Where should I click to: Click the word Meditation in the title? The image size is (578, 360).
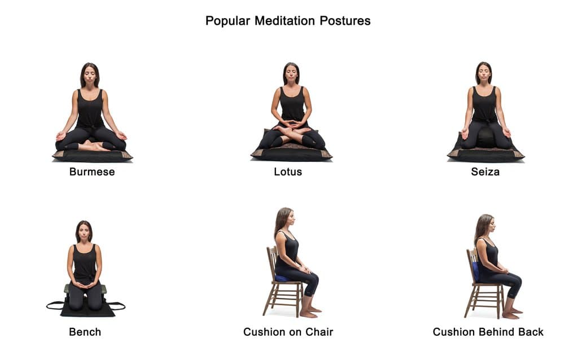pyautogui.click(x=284, y=21)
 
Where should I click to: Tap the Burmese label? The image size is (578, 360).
pyautogui.click(x=92, y=172)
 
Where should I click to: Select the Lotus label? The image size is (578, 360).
pyautogui.click(x=288, y=172)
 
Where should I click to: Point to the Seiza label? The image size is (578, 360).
pyautogui.click(x=485, y=172)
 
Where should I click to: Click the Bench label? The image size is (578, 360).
pyautogui.click(x=85, y=332)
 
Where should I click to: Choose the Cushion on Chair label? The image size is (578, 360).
pyautogui.click(x=288, y=332)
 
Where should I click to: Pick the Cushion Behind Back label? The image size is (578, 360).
pyautogui.click(x=488, y=332)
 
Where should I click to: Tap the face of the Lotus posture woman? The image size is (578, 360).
pyautogui.click(x=291, y=74)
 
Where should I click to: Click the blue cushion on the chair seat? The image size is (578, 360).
pyautogui.click(x=281, y=278)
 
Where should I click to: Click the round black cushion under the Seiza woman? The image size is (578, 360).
pyautogui.click(x=486, y=137)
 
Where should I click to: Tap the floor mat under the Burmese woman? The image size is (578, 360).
pyautogui.click(x=92, y=155)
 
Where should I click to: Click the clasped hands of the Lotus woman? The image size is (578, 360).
pyautogui.click(x=291, y=124)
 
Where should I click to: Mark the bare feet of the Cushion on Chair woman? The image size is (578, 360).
pyautogui.click(x=310, y=311)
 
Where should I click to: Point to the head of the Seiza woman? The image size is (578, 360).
pyautogui.click(x=484, y=72)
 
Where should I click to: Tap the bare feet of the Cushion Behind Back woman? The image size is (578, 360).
pyautogui.click(x=512, y=313)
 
